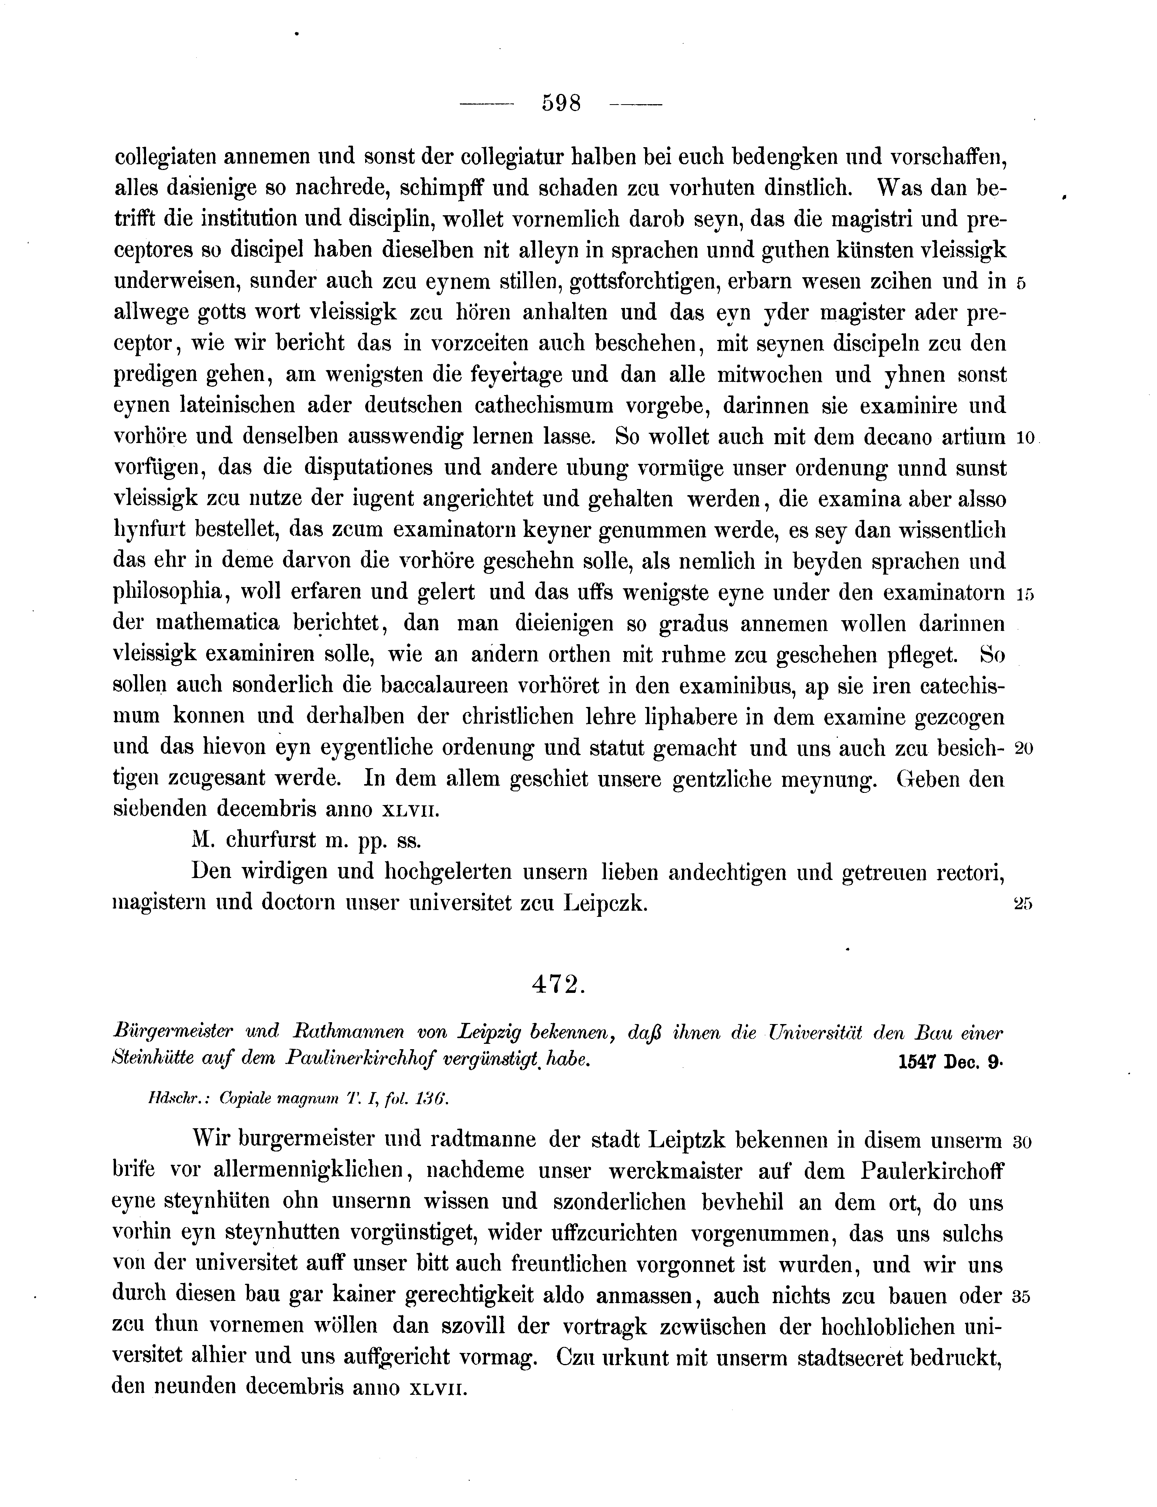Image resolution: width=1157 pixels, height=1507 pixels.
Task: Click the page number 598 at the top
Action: click(x=561, y=103)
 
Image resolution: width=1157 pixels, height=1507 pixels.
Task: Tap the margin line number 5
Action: click(x=1021, y=283)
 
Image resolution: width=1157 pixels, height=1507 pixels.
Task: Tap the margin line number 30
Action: click(x=1022, y=1142)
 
